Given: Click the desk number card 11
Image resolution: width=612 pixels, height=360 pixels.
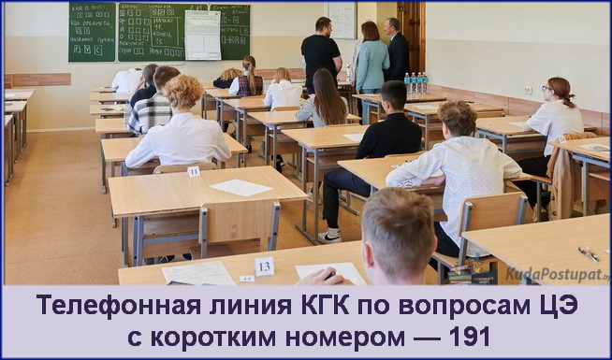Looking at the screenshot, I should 194,171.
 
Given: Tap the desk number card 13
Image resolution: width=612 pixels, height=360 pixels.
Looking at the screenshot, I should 265,266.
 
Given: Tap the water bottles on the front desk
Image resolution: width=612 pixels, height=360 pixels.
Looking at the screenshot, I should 416,83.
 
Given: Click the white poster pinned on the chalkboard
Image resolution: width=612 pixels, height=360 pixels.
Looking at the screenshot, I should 203,36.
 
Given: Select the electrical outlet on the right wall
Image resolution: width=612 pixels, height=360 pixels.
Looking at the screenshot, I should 529,90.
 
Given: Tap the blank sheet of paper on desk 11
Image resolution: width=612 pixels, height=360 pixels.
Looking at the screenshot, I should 241,187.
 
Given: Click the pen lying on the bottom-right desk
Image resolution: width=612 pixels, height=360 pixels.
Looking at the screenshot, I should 588,252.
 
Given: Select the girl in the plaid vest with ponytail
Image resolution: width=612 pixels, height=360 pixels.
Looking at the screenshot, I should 248,79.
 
